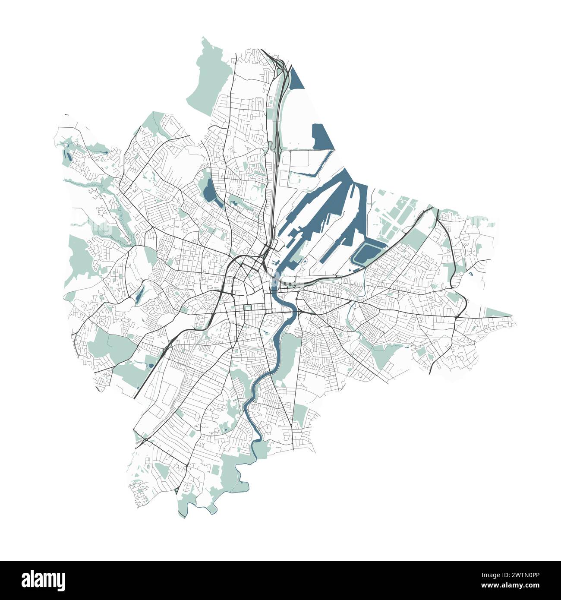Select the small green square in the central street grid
point(248,308)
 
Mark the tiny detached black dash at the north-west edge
point(66,115)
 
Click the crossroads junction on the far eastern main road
point(457,318)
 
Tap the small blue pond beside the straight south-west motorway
point(150,366)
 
